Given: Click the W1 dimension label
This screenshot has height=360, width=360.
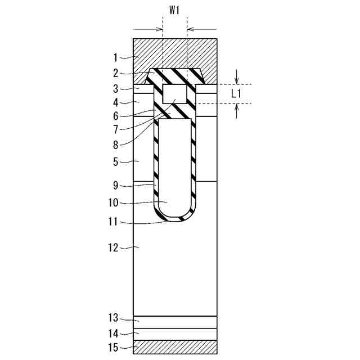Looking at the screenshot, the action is (174, 11).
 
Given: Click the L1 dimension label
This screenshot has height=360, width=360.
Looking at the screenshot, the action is (236, 94).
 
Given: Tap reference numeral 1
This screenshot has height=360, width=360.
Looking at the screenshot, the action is (116, 57).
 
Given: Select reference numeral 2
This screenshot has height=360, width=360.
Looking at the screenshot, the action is (116, 73).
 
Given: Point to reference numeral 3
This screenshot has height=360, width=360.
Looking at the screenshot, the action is (116, 89).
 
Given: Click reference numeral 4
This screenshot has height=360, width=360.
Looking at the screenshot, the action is (116, 102).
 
